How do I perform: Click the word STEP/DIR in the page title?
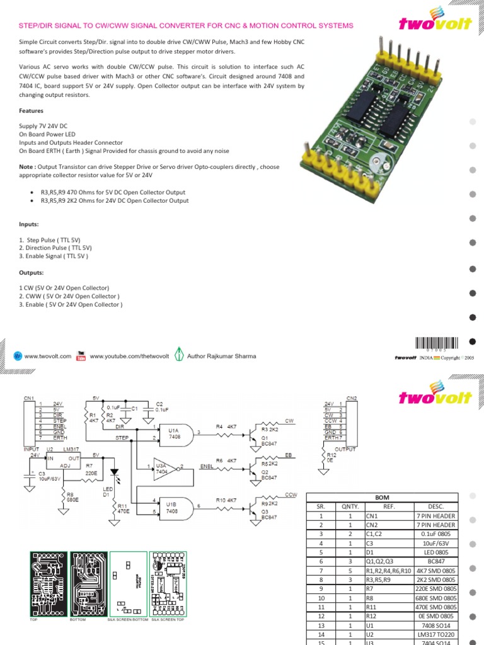37,26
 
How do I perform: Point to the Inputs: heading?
29,224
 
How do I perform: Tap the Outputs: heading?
32,273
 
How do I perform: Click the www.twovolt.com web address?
47,356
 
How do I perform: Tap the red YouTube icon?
81,356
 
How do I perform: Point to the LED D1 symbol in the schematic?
114,472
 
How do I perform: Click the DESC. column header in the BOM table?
435,506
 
